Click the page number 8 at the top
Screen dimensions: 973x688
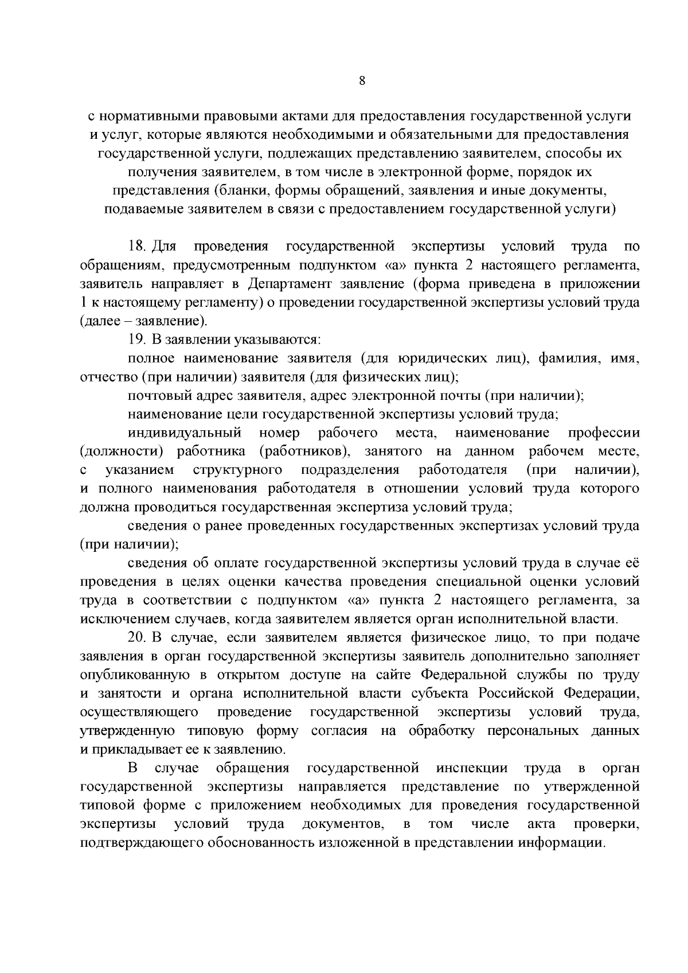[x=361, y=81]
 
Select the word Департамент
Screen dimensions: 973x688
[x=289, y=284]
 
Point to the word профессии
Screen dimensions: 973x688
[x=604, y=433]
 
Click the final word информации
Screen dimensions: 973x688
[x=562, y=843]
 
